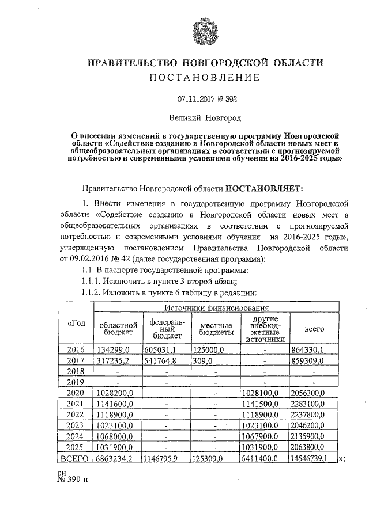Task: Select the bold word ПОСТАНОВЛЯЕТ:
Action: (269, 187)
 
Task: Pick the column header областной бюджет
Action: (118, 329)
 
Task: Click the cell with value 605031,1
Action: (164, 349)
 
